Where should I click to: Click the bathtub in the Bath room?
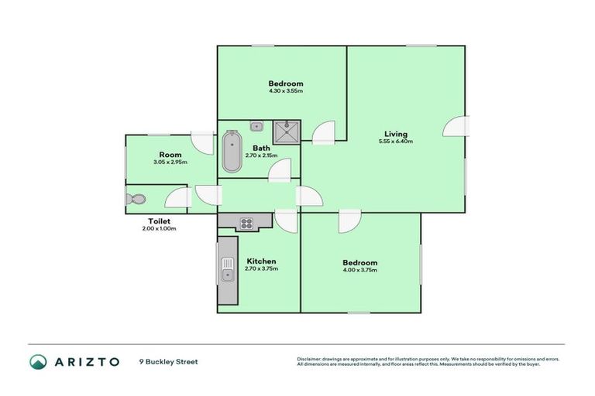click(x=232, y=152)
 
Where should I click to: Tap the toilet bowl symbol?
click(x=135, y=199)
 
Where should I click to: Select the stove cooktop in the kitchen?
click(x=247, y=223)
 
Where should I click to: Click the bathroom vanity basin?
click(x=256, y=126)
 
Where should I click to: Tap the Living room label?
click(x=395, y=134)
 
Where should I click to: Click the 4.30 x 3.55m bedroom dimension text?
click(x=286, y=91)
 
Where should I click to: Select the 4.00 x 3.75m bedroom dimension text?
click(x=360, y=271)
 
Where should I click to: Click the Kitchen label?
click(x=261, y=261)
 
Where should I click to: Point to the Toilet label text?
click(x=159, y=220)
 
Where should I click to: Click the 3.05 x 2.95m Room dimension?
click(x=171, y=162)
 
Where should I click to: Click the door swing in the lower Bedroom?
click(x=348, y=221)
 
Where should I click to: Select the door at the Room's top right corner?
click(x=203, y=142)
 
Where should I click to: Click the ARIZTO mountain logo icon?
click(x=38, y=361)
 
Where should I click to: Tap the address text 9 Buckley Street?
click(x=168, y=361)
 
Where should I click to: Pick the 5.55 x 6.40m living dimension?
click(x=395, y=142)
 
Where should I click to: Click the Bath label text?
click(x=261, y=148)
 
